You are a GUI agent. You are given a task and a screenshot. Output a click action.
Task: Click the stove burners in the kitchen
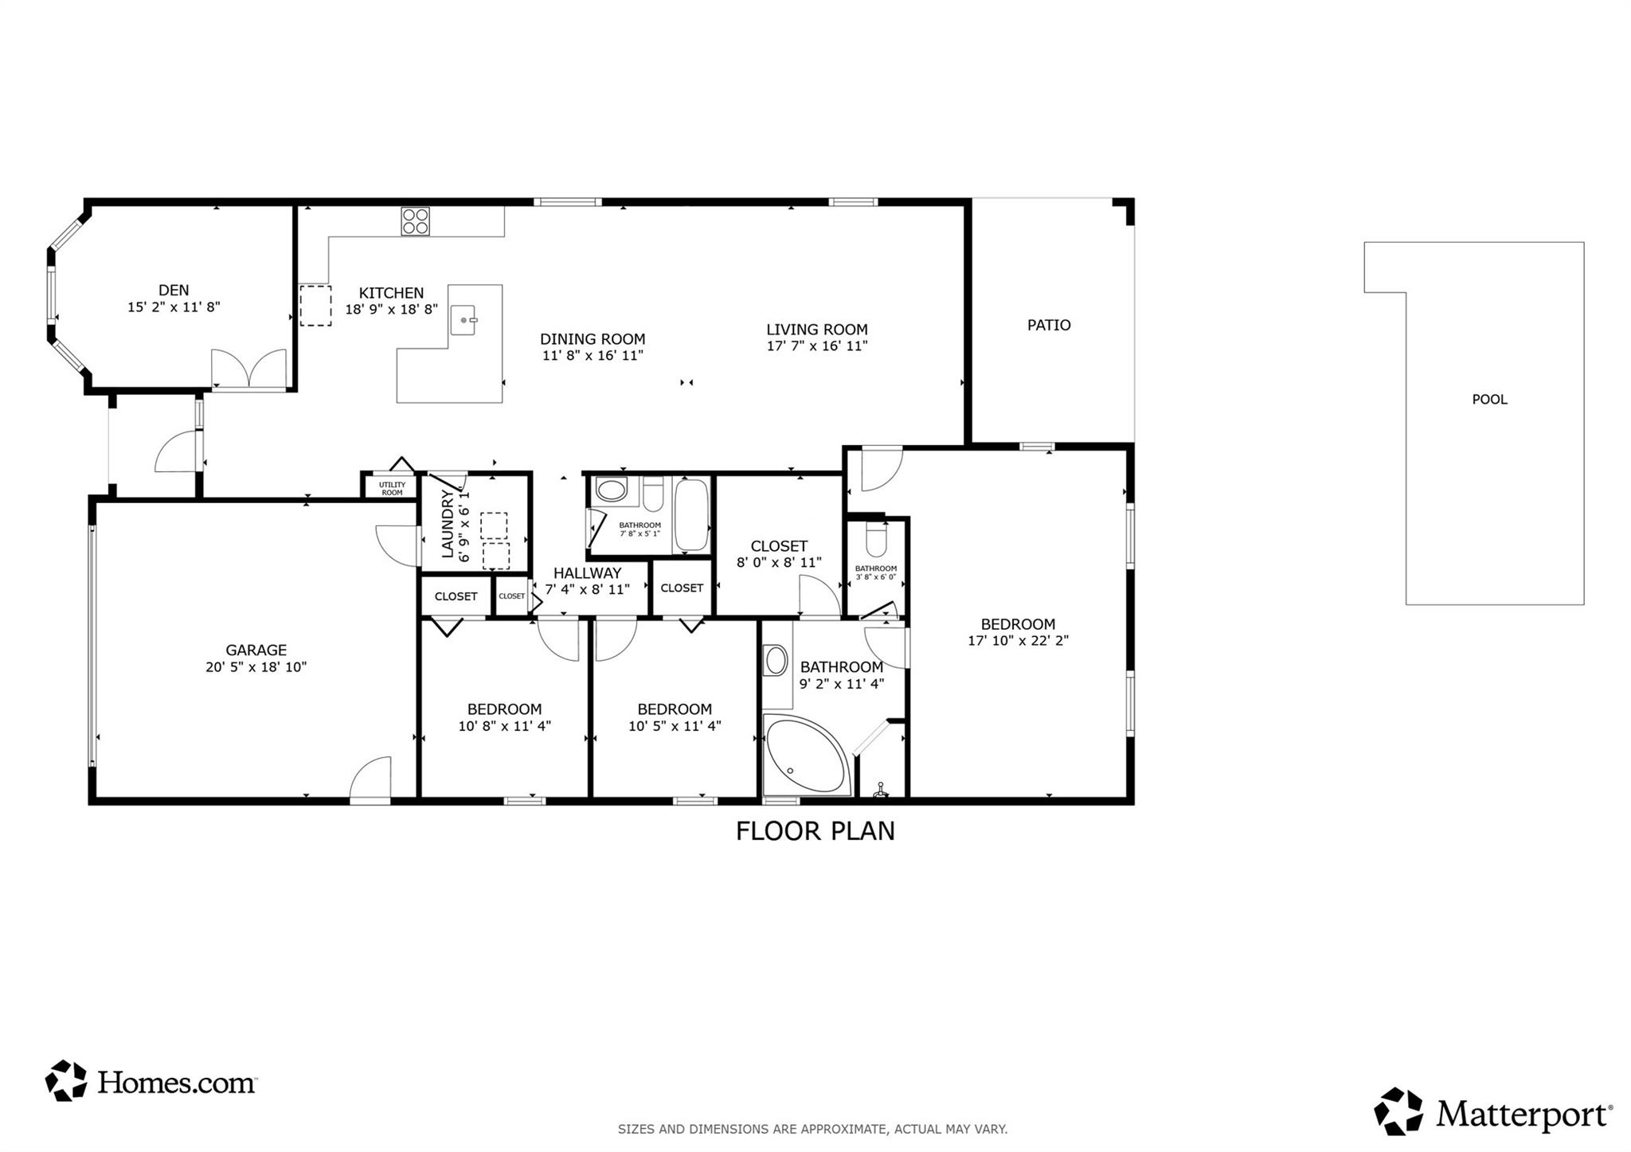415,221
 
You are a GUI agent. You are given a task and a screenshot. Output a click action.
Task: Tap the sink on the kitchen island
463,320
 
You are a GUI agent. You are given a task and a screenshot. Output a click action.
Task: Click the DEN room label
174,291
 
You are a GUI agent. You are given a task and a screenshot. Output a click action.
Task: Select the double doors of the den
248,369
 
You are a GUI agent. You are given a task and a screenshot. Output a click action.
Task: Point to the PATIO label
1049,325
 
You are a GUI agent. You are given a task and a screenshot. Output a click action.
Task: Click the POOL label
1489,400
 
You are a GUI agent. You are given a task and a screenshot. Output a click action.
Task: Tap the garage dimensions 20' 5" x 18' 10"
256,667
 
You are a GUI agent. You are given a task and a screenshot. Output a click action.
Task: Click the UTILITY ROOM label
392,488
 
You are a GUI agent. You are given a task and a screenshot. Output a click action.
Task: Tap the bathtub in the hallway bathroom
691,515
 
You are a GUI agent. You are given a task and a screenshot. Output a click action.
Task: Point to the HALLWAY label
587,573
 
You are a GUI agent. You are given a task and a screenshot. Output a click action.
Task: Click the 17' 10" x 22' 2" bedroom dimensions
1018,641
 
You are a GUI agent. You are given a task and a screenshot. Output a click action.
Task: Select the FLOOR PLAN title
815,831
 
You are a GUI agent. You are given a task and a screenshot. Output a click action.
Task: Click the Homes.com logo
151,1082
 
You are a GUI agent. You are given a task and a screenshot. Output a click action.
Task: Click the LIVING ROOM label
816,330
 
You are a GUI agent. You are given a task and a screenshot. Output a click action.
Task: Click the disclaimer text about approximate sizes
812,1129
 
